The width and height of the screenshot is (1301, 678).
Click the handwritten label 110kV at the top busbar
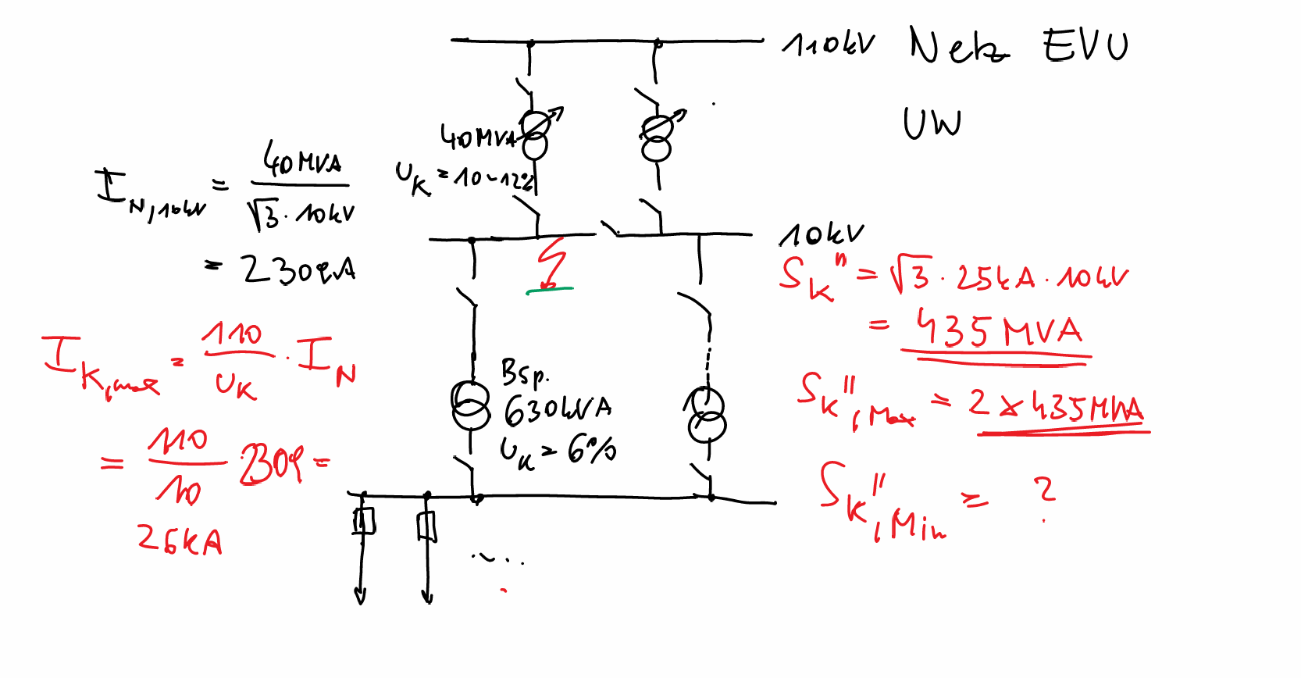(829, 45)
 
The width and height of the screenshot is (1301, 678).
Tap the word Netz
(959, 48)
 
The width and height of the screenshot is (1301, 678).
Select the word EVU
(1085, 45)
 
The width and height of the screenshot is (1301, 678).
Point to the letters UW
(932, 123)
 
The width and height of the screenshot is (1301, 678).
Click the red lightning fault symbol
(551, 263)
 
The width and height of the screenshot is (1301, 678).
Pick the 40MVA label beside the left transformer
(476, 137)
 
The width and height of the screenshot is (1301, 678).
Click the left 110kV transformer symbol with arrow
(536, 135)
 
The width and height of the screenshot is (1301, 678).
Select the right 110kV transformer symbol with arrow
(658, 137)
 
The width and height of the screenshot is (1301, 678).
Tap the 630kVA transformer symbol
(470, 405)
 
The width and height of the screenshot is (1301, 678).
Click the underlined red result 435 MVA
(1000, 330)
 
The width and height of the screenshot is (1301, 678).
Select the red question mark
(1045, 492)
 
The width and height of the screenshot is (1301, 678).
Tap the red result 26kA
(180, 540)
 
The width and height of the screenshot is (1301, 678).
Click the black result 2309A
(298, 270)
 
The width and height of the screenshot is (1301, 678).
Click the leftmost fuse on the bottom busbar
(363, 521)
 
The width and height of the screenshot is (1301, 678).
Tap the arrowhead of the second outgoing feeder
(427, 598)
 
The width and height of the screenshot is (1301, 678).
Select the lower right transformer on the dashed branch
(707, 416)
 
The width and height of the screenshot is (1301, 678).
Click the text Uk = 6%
(558, 451)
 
